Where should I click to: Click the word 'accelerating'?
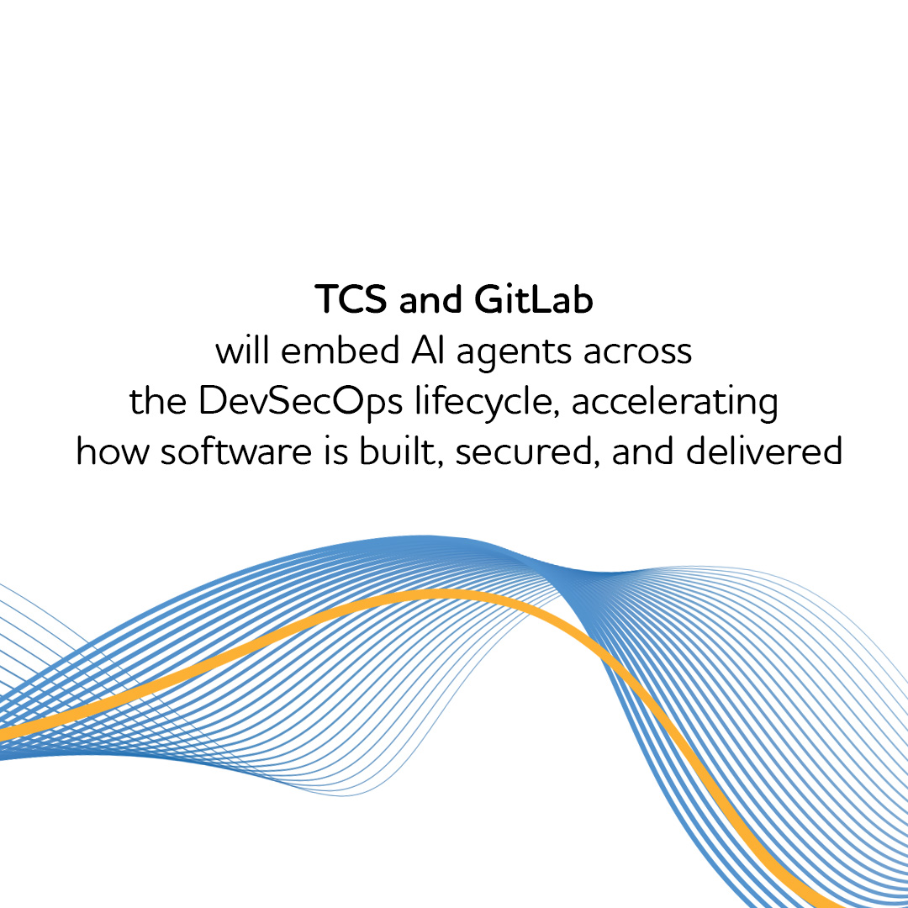coord(675,403)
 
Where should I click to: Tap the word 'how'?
coord(111,452)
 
